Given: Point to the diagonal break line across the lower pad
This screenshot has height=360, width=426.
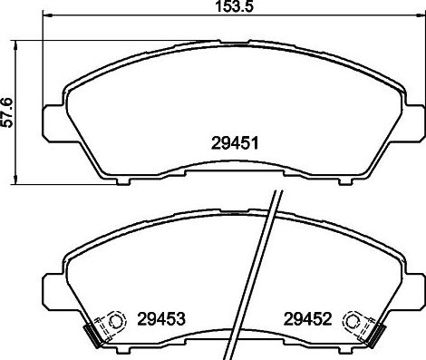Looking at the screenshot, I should [x=257, y=272].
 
